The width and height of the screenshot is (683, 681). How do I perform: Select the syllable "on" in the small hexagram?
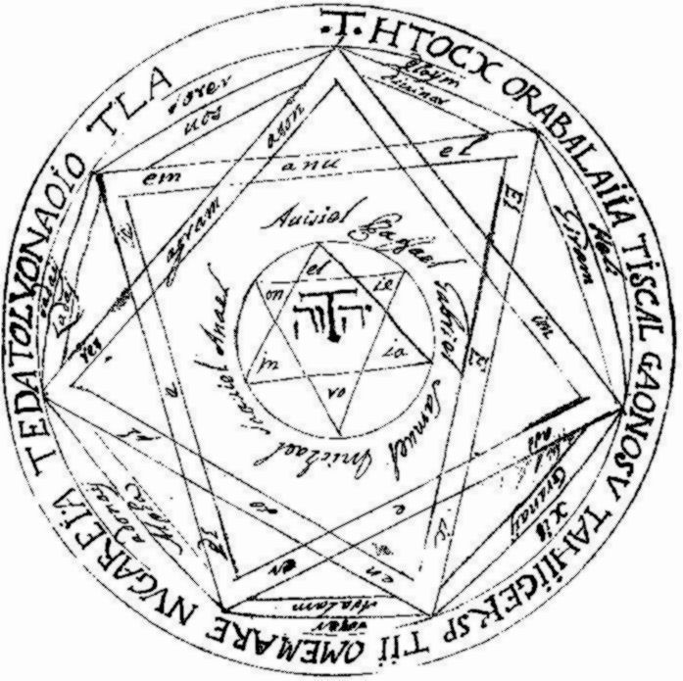(x=263, y=291)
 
